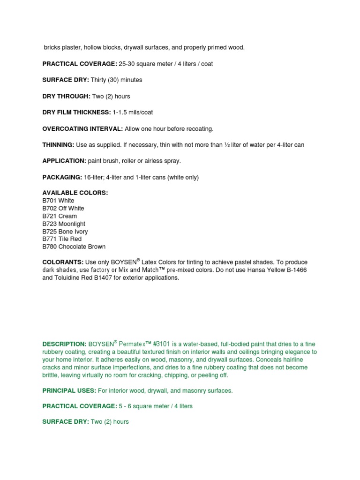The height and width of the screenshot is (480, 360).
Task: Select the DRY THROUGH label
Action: (66, 96)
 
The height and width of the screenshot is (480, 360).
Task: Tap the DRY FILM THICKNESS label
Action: (76, 112)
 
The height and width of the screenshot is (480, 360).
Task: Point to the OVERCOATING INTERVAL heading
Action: (82, 128)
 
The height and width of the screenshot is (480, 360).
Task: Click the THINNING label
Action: (58, 145)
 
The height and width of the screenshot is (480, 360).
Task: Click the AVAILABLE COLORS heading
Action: (75, 193)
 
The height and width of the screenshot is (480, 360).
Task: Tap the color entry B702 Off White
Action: (63, 208)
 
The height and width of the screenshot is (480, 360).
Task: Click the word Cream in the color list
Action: (68, 216)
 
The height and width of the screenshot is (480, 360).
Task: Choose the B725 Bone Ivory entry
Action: (65, 232)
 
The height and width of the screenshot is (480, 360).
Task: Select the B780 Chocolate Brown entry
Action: (74, 247)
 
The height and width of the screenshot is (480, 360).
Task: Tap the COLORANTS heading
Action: (63, 262)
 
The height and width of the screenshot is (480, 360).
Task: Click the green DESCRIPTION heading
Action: (64, 344)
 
